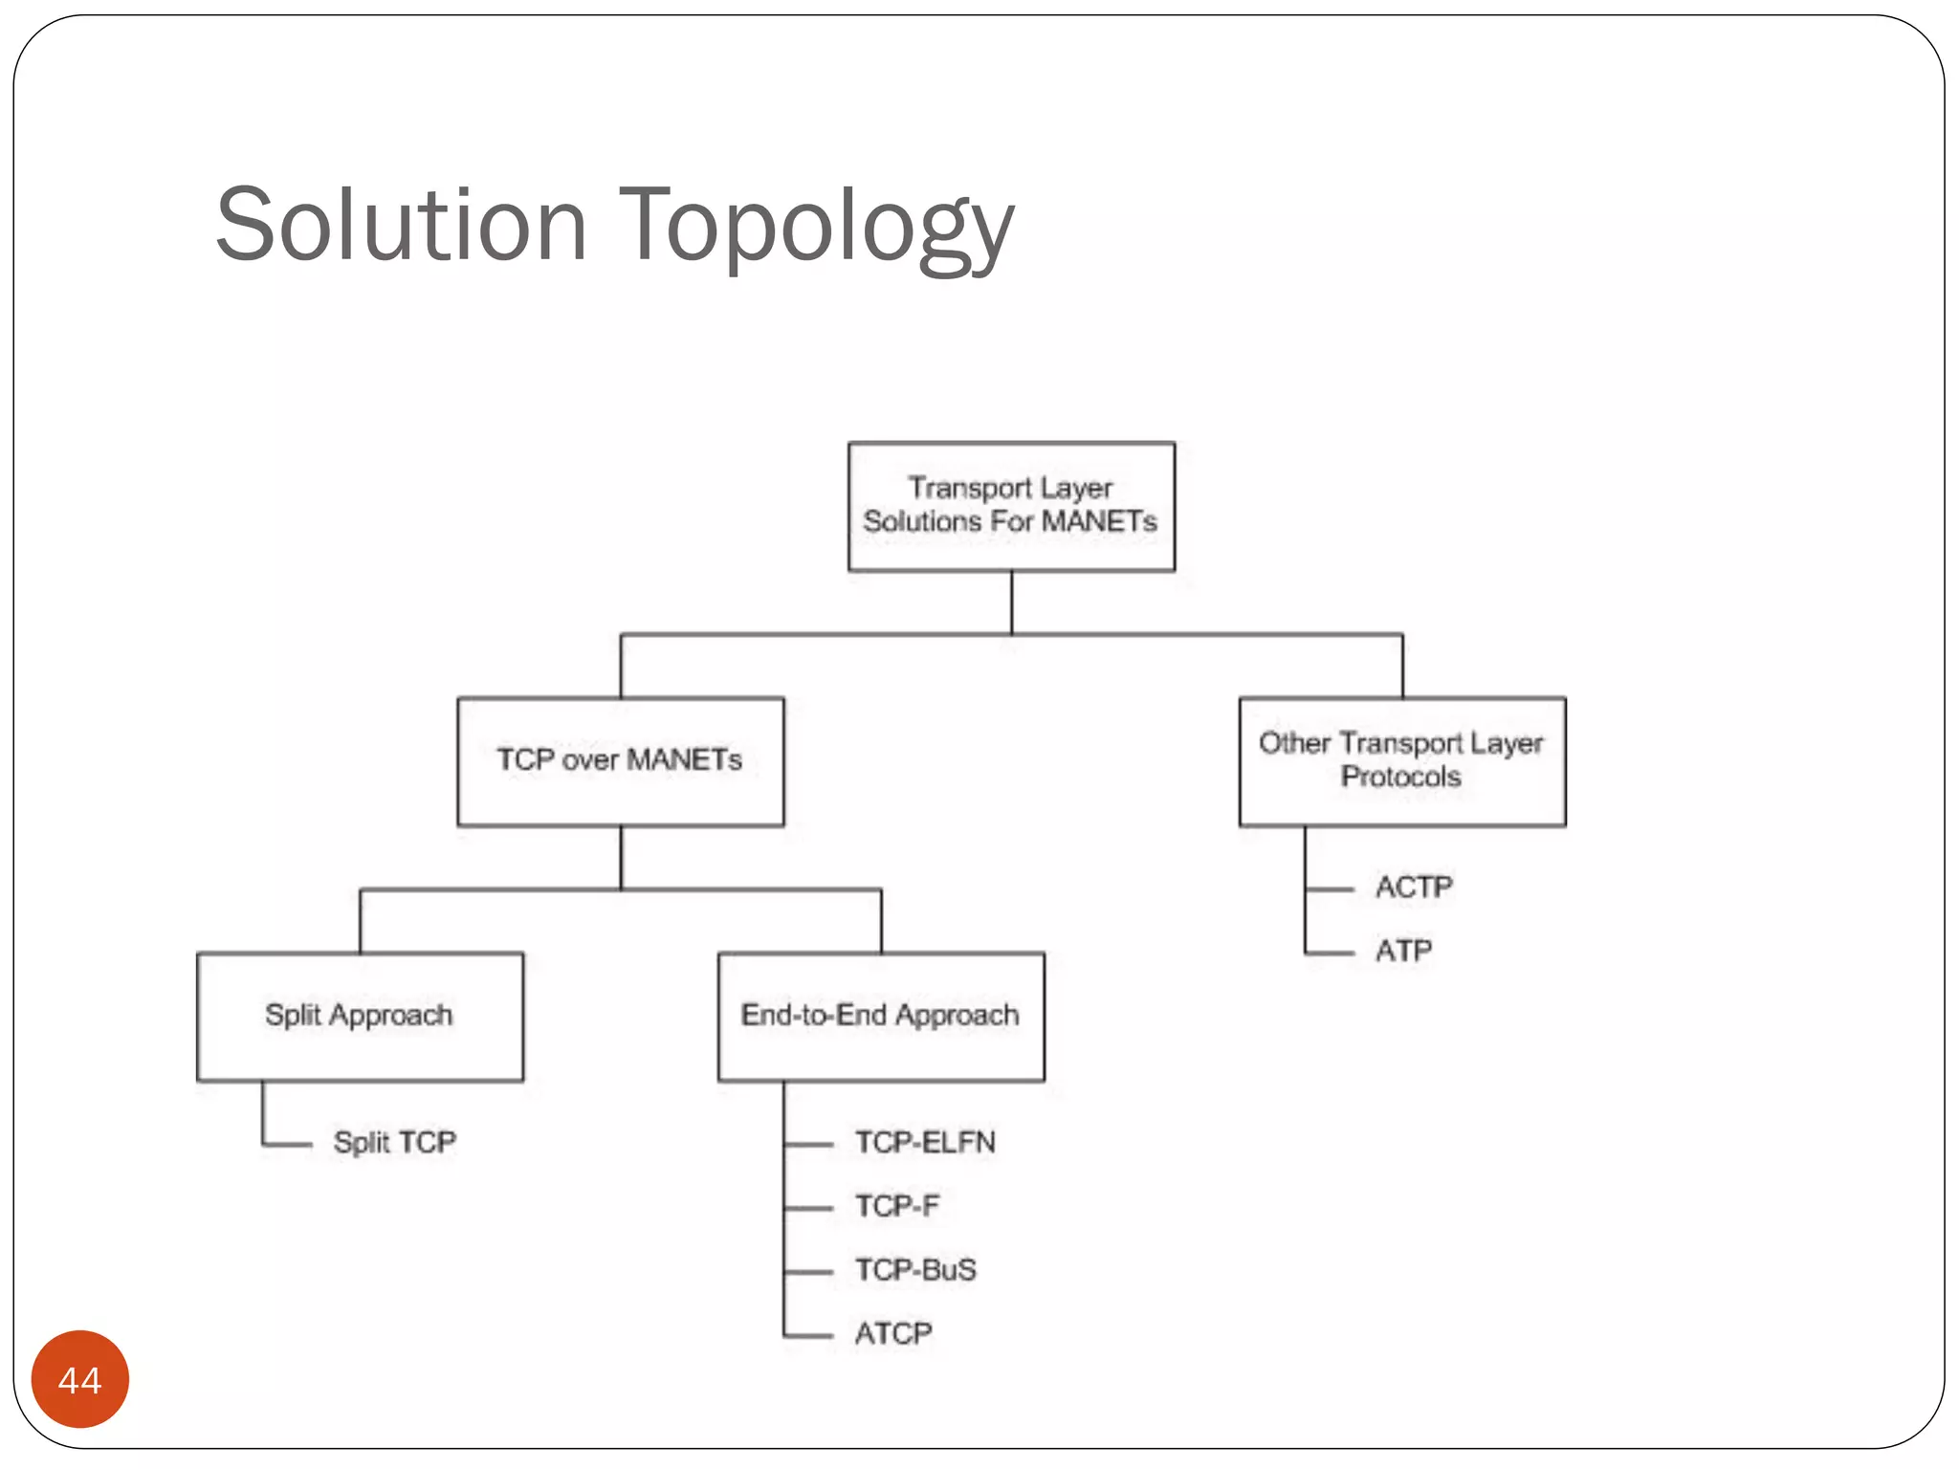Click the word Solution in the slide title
coord(401,226)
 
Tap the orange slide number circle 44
coord(80,1379)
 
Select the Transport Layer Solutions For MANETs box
coord(1011,506)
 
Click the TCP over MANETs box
coord(620,761)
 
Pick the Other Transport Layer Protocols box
coord(1401,761)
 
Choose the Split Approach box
coord(360,1016)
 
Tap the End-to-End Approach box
coord(880,1016)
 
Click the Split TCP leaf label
coord(394,1142)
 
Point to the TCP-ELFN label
coord(925,1142)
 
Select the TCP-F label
coord(896,1206)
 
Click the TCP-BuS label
coord(915,1270)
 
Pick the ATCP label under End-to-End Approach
coord(893,1333)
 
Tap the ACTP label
coord(1414,888)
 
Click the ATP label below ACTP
coord(1403,951)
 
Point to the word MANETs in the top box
coord(1099,522)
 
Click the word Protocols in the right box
coord(1401,777)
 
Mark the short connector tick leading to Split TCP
coord(288,1144)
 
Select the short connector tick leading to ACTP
coord(1331,889)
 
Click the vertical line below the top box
coord(1012,603)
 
